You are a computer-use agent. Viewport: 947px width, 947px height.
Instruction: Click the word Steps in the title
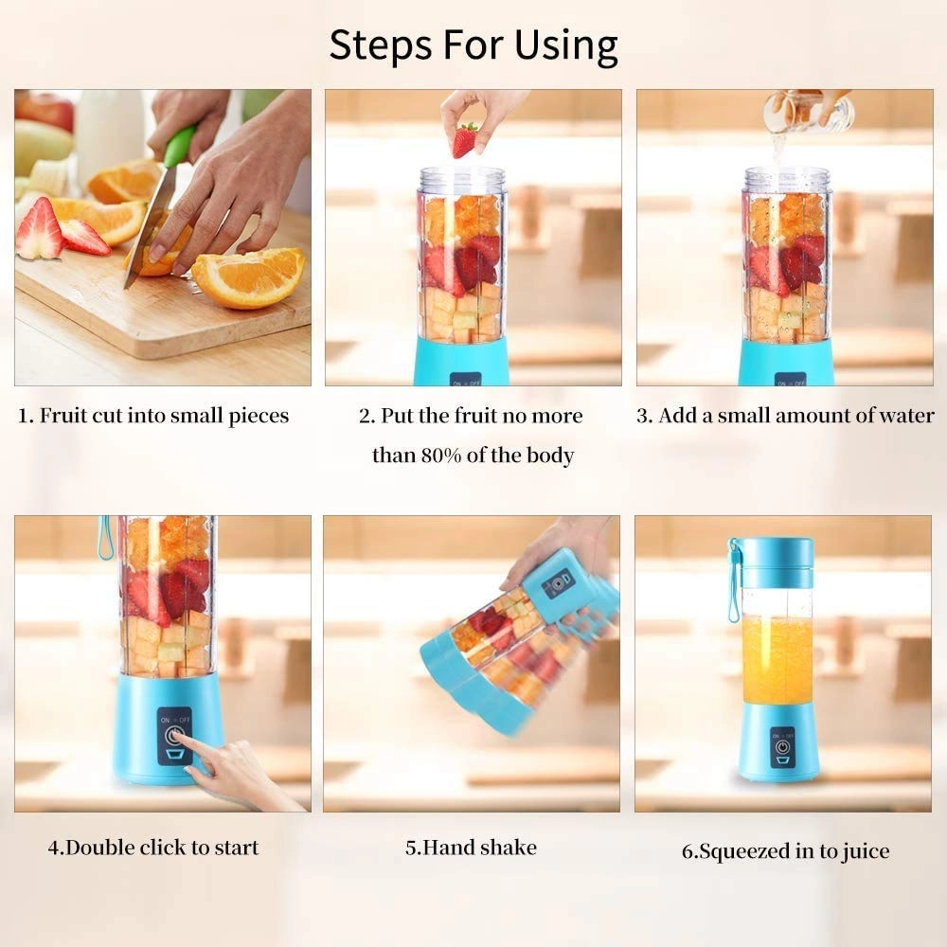(x=377, y=45)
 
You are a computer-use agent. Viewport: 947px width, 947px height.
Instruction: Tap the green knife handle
(x=179, y=145)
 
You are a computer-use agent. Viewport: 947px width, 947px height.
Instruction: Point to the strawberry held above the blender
(x=464, y=139)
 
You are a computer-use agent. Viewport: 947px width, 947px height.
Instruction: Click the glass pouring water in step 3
(x=807, y=113)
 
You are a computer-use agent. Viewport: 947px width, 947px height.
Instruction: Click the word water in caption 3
(x=903, y=416)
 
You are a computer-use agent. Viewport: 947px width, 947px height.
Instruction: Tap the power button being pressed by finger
(x=173, y=736)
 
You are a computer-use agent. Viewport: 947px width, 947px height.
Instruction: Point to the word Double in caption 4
(x=103, y=848)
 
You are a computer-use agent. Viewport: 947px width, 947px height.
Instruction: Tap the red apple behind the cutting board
(x=45, y=110)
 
